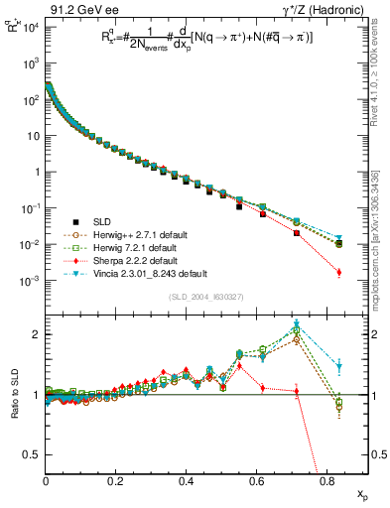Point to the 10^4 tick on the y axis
coord(31,27)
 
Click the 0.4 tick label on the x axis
coord(186,480)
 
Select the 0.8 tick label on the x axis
coord(325,480)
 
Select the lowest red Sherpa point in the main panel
coord(339,272)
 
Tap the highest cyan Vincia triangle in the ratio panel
coord(297,324)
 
